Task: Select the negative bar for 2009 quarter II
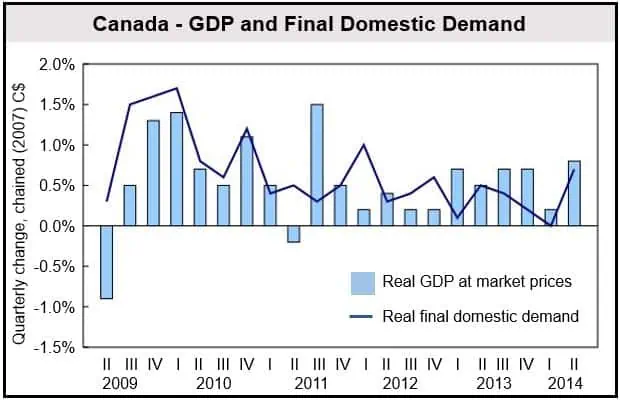point(106,262)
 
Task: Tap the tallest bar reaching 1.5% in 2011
point(317,165)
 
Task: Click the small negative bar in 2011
point(293,234)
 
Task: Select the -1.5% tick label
point(56,348)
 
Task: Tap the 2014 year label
point(567,383)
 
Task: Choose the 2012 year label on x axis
point(399,383)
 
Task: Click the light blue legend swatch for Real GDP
point(360,281)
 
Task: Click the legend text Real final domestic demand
point(481,317)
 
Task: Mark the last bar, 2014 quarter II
point(574,193)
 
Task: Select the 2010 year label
point(214,383)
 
